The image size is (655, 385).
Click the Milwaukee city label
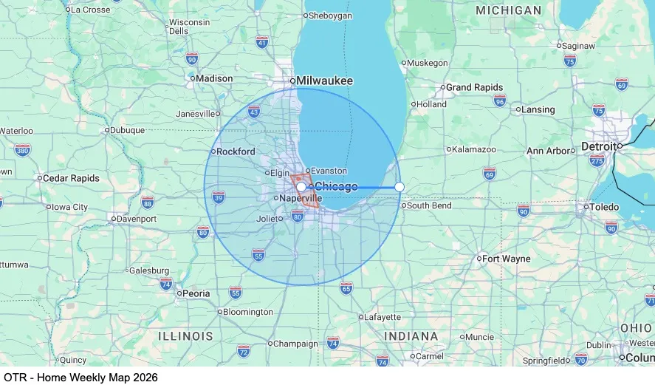point(325,81)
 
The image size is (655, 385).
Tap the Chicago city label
point(336,186)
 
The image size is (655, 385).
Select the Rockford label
point(236,151)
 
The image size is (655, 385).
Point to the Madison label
point(214,78)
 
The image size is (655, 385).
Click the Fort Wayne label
point(507,259)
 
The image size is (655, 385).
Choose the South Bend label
point(429,205)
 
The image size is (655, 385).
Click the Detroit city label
point(598,146)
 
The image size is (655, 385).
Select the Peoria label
point(196,293)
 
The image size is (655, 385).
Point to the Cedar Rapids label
point(71,178)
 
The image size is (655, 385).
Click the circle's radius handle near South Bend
point(399,187)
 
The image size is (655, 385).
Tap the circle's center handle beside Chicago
point(301,187)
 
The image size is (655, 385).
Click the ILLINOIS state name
point(185,336)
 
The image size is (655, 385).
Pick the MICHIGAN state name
point(508,10)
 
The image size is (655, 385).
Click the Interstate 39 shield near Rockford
point(219,197)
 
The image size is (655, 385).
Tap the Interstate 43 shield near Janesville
point(254,112)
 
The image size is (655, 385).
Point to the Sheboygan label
point(332,16)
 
